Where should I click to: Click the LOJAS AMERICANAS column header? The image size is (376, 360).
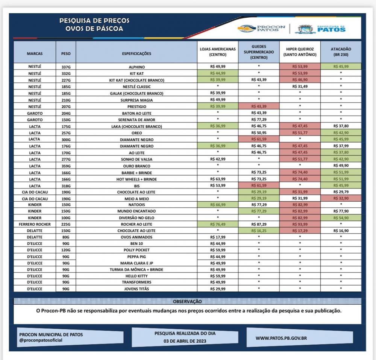pyautogui.click(x=218, y=52)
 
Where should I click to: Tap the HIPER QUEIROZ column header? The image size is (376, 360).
pyautogui.click(x=300, y=52)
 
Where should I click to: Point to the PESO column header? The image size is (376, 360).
pyautogui.click(x=66, y=53)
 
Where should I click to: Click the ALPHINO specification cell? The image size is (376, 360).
pyautogui.click(x=136, y=67)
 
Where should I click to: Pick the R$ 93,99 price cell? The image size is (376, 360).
pyautogui.click(x=300, y=224)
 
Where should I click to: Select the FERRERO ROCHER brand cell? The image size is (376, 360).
pyautogui.click(x=35, y=224)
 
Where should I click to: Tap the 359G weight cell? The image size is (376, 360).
pyautogui.click(x=66, y=166)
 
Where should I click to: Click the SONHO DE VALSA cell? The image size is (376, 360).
pyautogui.click(x=136, y=159)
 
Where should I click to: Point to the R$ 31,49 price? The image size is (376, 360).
pyautogui.click(x=300, y=87)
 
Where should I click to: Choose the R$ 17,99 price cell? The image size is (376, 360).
pyautogui.click(x=218, y=237)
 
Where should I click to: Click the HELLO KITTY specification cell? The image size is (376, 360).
pyautogui.click(x=136, y=276)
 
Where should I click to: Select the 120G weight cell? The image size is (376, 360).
pyautogui.click(x=66, y=250)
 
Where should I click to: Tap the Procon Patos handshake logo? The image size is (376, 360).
pyautogui.click(x=247, y=29)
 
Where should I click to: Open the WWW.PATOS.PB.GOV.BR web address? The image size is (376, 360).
pyautogui.click(x=281, y=338)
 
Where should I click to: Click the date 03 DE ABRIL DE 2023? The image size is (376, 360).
pyautogui.click(x=185, y=341)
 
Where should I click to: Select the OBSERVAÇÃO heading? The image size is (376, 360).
pyautogui.click(x=187, y=301)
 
